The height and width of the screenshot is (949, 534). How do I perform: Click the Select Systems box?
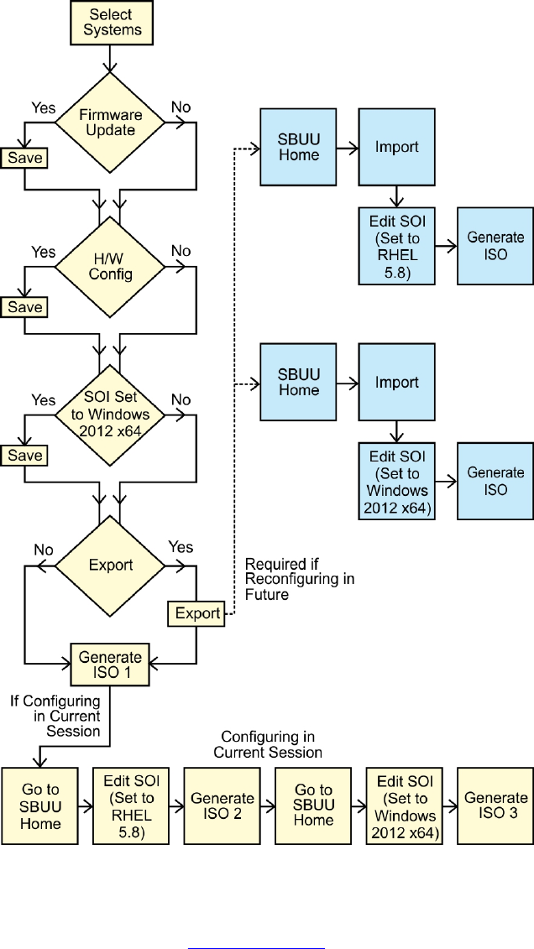tap(111, 22)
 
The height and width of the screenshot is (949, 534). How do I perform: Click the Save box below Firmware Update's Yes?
tap(25, 158)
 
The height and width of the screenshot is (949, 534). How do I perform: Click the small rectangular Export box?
tap(197, 613)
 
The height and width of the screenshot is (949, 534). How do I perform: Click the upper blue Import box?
tap(396, 148)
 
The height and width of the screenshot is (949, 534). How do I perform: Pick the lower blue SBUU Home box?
tap(300, 383)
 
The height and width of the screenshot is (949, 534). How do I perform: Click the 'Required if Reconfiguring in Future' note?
tap(299, 579)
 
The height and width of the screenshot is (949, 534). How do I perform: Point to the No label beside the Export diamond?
tap(44, 550)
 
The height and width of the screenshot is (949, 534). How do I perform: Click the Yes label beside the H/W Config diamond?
tap(44, 252)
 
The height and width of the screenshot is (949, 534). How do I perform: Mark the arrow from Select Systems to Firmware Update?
tap(111, 60)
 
